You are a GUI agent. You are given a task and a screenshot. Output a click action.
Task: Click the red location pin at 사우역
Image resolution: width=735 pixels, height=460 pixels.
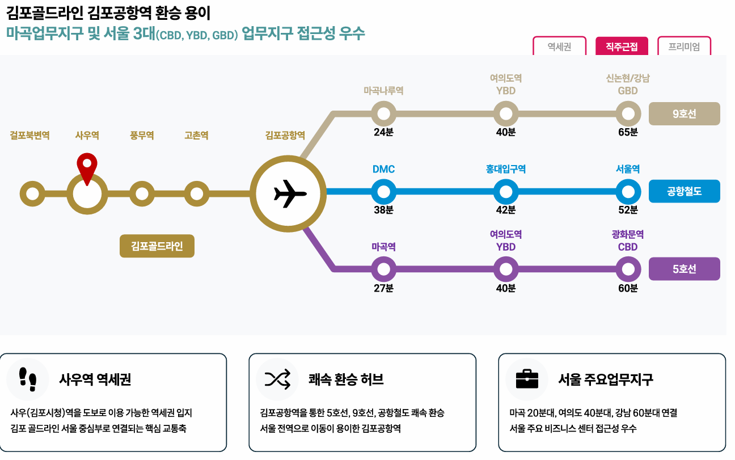[x=86, y=166]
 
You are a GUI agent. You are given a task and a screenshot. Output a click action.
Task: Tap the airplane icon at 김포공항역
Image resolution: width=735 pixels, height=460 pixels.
[x=290, y=194]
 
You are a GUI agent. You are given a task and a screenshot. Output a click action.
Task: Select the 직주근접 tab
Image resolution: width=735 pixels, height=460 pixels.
[x=622, y=47]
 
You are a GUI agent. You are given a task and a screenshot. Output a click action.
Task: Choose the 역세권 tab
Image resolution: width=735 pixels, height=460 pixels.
[x=559, y=47]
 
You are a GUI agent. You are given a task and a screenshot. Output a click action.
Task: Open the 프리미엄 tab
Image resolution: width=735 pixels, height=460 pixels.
[x=684, y=47]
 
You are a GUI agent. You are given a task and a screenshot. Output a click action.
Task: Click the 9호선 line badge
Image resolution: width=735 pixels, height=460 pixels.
[x=684, y=113]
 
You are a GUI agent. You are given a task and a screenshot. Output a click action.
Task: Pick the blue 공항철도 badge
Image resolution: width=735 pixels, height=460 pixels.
[x=684, y=191]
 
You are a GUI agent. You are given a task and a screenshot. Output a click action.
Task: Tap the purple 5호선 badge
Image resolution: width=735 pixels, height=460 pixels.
[x=684, y=269]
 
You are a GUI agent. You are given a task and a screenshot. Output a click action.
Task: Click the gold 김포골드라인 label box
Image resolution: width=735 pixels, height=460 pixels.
[x=157, y=246]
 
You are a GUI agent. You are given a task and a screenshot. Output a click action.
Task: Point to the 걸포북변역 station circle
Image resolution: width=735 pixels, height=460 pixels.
[x=32, y=194]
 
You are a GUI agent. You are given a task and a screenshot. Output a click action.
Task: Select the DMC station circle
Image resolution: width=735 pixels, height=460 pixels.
[x=384, y=192]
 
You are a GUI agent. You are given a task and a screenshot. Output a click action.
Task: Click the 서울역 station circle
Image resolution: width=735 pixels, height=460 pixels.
[x=628, y=192]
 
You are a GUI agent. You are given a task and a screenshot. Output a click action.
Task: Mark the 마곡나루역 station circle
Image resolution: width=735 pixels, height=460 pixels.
[x=384, y=113]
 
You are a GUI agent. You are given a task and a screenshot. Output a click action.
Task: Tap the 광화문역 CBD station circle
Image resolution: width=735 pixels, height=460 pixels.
[x=628, y=269]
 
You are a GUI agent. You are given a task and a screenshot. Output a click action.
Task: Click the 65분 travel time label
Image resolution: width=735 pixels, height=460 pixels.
[x=628, y=132]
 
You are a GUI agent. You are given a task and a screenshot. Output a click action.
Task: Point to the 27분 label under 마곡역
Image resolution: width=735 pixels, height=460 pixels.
[x=384, y=288]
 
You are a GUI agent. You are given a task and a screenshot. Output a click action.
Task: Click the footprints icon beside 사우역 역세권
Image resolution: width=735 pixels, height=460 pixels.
[x=28, y=379]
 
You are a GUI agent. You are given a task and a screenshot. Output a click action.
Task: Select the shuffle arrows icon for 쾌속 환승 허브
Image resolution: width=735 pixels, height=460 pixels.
[x=277, y=379]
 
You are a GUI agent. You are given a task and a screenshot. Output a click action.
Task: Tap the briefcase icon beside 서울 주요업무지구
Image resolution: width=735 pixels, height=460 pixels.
[x=527, y=379]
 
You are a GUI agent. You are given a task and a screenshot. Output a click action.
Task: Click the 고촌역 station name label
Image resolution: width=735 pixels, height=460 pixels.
[x=196, y=136]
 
